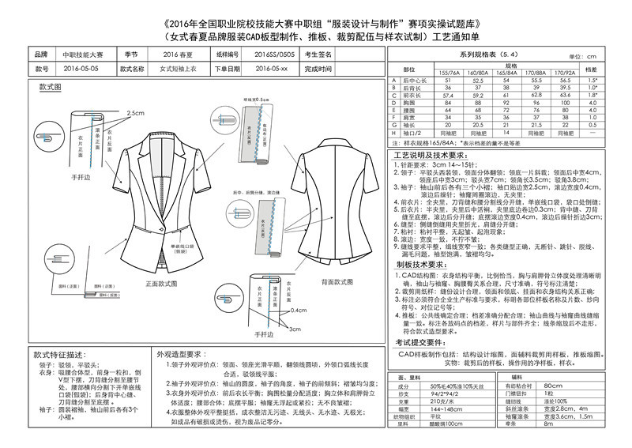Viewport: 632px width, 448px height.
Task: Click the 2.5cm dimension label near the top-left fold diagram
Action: (x=137, y=113)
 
